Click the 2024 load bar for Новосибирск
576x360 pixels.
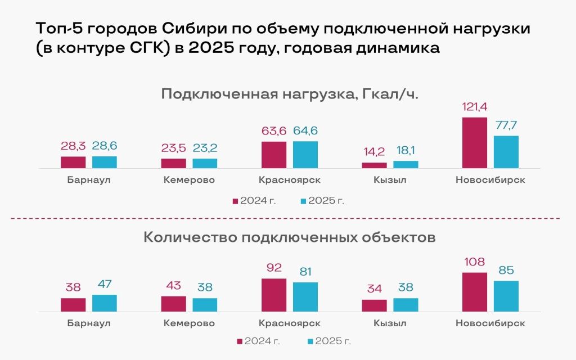click(x=474, y=143)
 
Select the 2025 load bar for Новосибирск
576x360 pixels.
click(x=506, y=152)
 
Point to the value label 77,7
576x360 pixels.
click(x=506, y=125)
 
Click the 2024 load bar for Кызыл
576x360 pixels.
click(x=374, y=165)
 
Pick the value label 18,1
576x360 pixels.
click(x=406, y=151)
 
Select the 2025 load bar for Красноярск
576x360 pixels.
click(x=305, y=155)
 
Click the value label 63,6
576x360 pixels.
click(x=274, y=131)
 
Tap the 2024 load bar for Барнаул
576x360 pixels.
click(x=73, y=163)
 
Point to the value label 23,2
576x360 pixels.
click(x=205, y=148)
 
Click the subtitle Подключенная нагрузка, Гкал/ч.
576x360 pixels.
click(x=290, y=93)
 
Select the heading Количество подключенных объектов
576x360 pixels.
click(x=290, y=237)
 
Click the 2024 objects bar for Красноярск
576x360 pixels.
click(x=274, y=295)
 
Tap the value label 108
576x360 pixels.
click(x=474, y=262)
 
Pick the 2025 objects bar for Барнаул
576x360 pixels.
click(x=105, y=303)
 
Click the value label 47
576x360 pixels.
click(x=105, y=284)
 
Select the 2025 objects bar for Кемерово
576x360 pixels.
click(x=205, y=305)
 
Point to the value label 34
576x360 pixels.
click(x=374, y=289)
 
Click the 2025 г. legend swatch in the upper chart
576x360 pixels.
click(x=304, y=201)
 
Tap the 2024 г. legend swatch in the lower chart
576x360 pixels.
click(x=240, y=341)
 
